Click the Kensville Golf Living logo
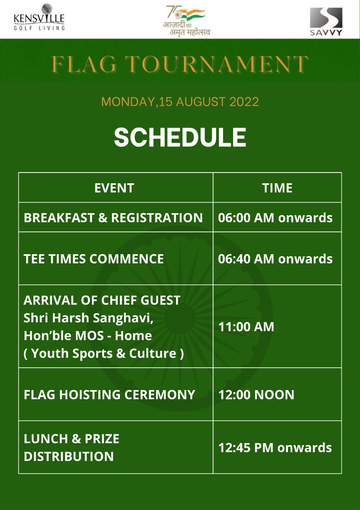[39, 17]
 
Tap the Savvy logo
[326, 22]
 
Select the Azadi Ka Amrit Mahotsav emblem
[186, 20]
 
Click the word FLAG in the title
[84, 64]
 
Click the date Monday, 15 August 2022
[180, 102]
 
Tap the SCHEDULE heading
[180, 137]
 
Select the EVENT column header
[114, 188]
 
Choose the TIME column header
[277, 188]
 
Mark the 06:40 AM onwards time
[275, 259]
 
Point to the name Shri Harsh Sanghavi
[88, 318]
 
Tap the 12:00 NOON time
[256, 394]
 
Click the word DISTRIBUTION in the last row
[69, 457]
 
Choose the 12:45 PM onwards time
[275, 447]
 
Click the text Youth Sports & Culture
[104, 353]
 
